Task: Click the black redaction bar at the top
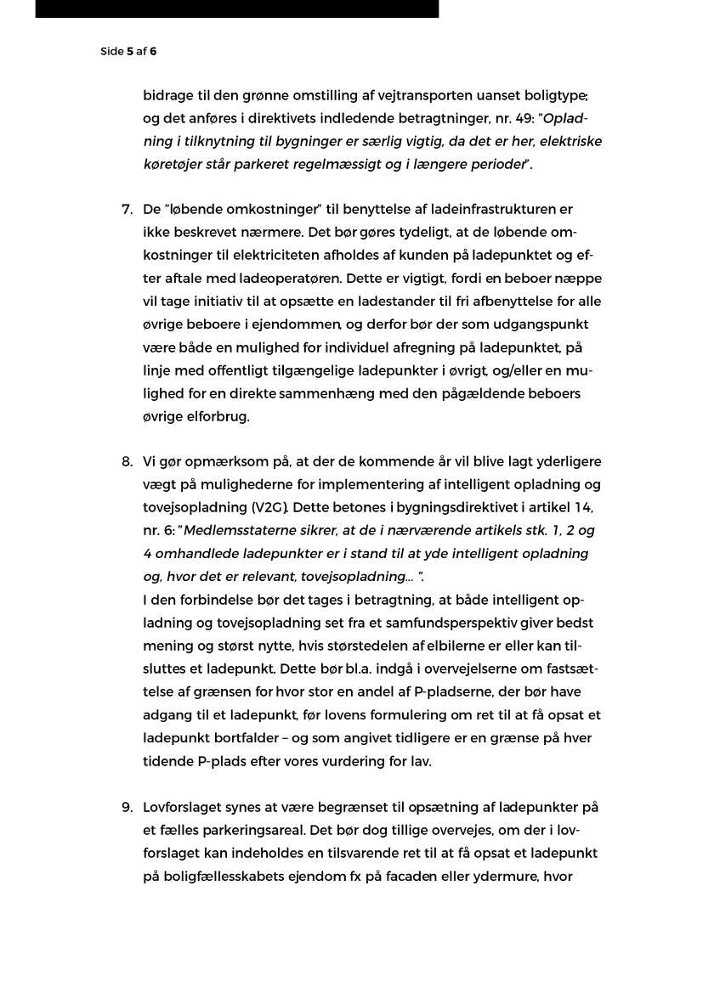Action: [x=237, y=8]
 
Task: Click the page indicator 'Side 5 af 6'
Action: [x=128, y=51]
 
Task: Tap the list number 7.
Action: [x=127, y=209]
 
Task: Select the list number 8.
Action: [x=127, y=461]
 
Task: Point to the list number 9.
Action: [x=127, y=807]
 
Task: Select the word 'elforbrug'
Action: [x=219, y=416]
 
